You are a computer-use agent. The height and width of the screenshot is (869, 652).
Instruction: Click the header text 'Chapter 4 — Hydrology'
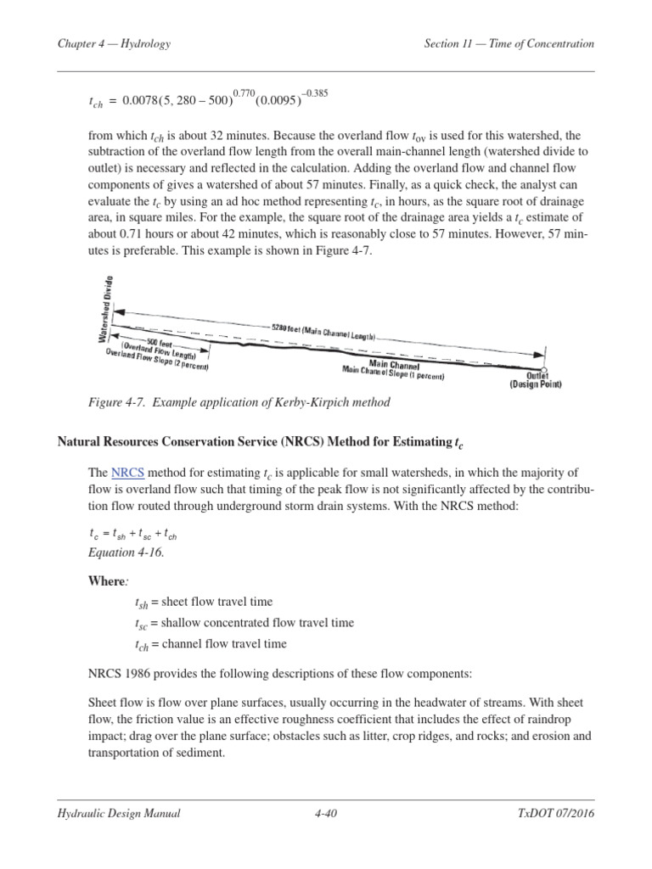(x=114, y=44)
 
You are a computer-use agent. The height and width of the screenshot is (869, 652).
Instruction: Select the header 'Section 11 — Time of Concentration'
(x=509, y=44)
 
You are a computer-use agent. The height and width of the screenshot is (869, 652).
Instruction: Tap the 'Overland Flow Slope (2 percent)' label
(x=158, y=361)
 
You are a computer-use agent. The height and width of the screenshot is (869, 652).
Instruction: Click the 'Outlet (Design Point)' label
(x=536, y=379)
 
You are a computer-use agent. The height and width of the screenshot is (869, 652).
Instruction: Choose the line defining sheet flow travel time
(x=204, y=603)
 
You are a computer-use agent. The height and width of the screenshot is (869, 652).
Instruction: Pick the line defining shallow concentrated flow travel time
(x=244, y=623)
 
